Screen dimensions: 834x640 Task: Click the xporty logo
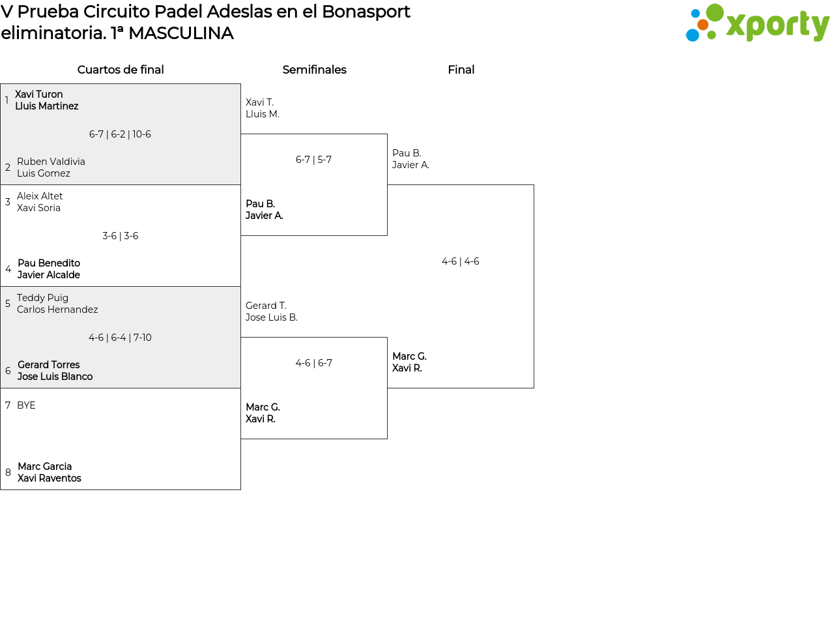pos(758,23)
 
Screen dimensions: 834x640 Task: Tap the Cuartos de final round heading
pos(121,70)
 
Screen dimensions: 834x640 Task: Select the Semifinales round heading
pos(314,70)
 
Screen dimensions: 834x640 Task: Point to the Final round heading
pos(461,70)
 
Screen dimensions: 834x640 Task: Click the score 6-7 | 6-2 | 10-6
pos(120,134)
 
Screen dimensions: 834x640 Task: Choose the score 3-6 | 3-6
pos(120,236)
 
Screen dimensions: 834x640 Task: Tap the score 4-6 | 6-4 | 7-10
pos(120,338)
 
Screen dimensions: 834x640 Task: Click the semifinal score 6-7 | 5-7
pos(313,159)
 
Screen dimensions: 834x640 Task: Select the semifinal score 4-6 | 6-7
pos(314,363)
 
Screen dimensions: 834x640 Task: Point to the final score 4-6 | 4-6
pos(461,261)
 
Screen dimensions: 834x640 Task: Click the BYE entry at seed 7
pos(26,405)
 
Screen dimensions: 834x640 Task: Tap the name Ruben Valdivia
pos(51,161)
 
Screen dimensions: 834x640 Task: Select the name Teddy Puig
pos(42,298)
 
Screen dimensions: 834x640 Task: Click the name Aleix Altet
pos(40,196)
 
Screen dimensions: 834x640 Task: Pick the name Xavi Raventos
pos(49,478)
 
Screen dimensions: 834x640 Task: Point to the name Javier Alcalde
pos(49,275)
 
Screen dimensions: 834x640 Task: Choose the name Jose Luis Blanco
pos(55,376)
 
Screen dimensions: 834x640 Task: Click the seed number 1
pos(7,100)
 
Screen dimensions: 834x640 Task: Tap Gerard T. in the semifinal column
pos(266,306)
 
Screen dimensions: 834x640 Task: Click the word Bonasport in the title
pos(366,12)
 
